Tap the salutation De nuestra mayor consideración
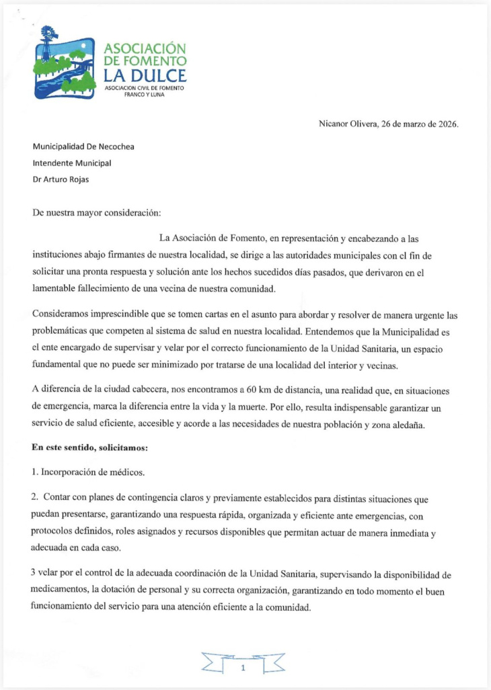[x=97, y=213]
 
